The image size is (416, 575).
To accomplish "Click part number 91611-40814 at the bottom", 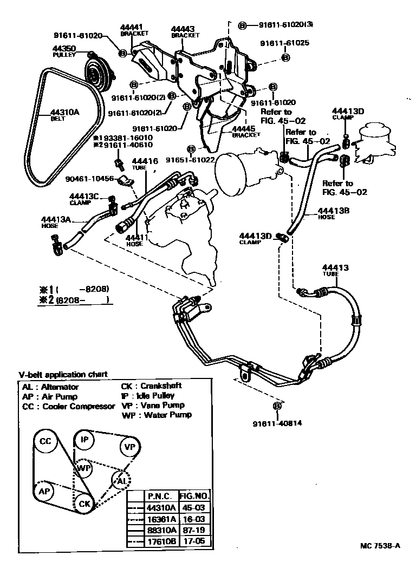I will pyautogui.click(x=277, y=424).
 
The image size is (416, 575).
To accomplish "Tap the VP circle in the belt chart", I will pyautogui.click(x=129, y=447).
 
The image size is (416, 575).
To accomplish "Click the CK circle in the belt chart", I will pyautogui.click(x=84, y=504).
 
